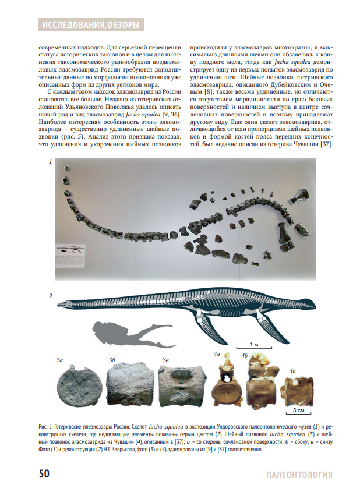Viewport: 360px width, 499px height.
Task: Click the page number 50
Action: [44, 474]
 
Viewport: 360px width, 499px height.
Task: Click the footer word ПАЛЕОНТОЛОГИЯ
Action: [298, 475]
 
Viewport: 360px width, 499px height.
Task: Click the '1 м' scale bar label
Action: [254, 344]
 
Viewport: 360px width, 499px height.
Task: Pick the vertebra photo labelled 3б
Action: [128, 385]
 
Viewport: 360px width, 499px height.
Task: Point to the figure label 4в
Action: [293, 370]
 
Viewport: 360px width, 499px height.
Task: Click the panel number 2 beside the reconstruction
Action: [51, 296]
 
